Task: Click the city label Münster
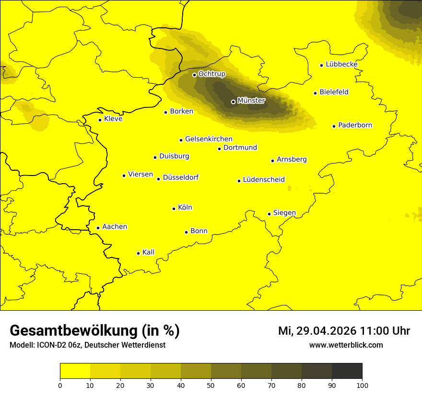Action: [251, 101]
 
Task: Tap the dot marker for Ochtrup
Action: [194, 75]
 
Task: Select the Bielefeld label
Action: [334, 92]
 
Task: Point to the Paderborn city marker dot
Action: [334, 126]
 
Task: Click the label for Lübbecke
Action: [341, 64]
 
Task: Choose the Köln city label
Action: [185, 208]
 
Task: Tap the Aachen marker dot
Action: [98, 228]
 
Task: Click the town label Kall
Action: [149, 252]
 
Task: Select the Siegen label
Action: [284, 213]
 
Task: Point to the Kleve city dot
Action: [100, 120]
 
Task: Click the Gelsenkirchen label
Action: [209, 139]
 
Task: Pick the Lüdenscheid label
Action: [264, 180]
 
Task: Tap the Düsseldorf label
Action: [181, 177]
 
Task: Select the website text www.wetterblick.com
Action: [346, 345]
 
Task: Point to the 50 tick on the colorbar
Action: [211, 385]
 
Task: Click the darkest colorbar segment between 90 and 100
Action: [347, 371]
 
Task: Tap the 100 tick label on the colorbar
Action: [362, 385]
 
